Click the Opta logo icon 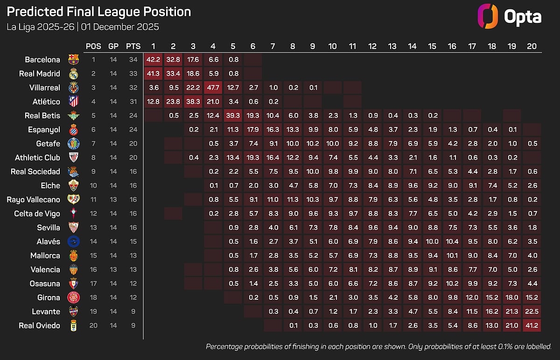(x=489, y=17)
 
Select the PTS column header (x=133, y=46)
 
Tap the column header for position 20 (x=532, y=46)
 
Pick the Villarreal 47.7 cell (x=213, y=88)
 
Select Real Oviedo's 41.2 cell (x=532, y=325)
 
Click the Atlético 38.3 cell (x=193, y=102)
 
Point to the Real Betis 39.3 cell (x=233, y=116)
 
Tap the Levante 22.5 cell (x=532, y=311)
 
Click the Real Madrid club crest (x=73, y=74)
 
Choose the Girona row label (x=49, y=297)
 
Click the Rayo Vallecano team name (x=33, y=199)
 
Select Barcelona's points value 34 (x=133, y=60)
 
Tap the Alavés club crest (x=73, y=241)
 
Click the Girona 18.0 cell (x=512, y=297)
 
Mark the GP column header (x=113, y=46)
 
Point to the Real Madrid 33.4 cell (x=173, y=74)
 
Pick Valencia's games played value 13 (x=113, y=269)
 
